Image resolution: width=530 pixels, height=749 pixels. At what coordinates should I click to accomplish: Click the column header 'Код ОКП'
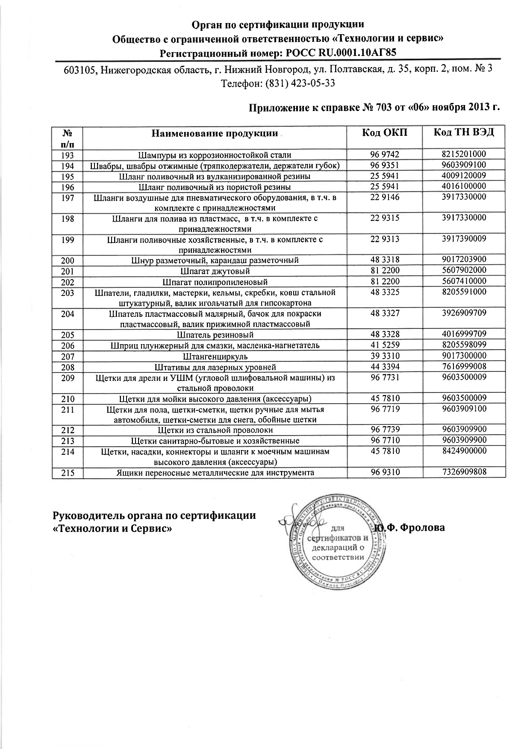pos(384,132)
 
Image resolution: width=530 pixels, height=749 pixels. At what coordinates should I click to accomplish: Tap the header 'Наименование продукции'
pos(214,133)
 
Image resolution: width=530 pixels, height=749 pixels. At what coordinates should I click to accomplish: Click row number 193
pos(68,155)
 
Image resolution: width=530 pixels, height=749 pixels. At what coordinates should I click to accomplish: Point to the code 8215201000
pos(464,154)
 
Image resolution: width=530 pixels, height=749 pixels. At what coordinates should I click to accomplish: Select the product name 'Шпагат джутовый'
pos(215,271)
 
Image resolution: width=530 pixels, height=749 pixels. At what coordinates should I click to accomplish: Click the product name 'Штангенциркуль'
pos(215,356)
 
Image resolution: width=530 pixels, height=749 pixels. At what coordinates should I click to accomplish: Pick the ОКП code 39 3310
pos(385,355)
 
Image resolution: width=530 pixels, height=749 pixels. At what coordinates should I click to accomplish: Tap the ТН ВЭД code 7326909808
pos(464,472)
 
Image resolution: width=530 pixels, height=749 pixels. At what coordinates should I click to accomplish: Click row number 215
pos(68,473)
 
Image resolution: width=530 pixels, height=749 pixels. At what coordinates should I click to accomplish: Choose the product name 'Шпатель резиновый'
pos(215,335)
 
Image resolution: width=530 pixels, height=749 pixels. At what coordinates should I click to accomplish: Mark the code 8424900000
pos(464,451)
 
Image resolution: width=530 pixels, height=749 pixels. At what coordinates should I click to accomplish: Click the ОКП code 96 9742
pos(385,155)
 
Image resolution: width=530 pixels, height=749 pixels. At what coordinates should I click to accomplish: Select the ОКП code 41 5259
pos(385,345)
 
